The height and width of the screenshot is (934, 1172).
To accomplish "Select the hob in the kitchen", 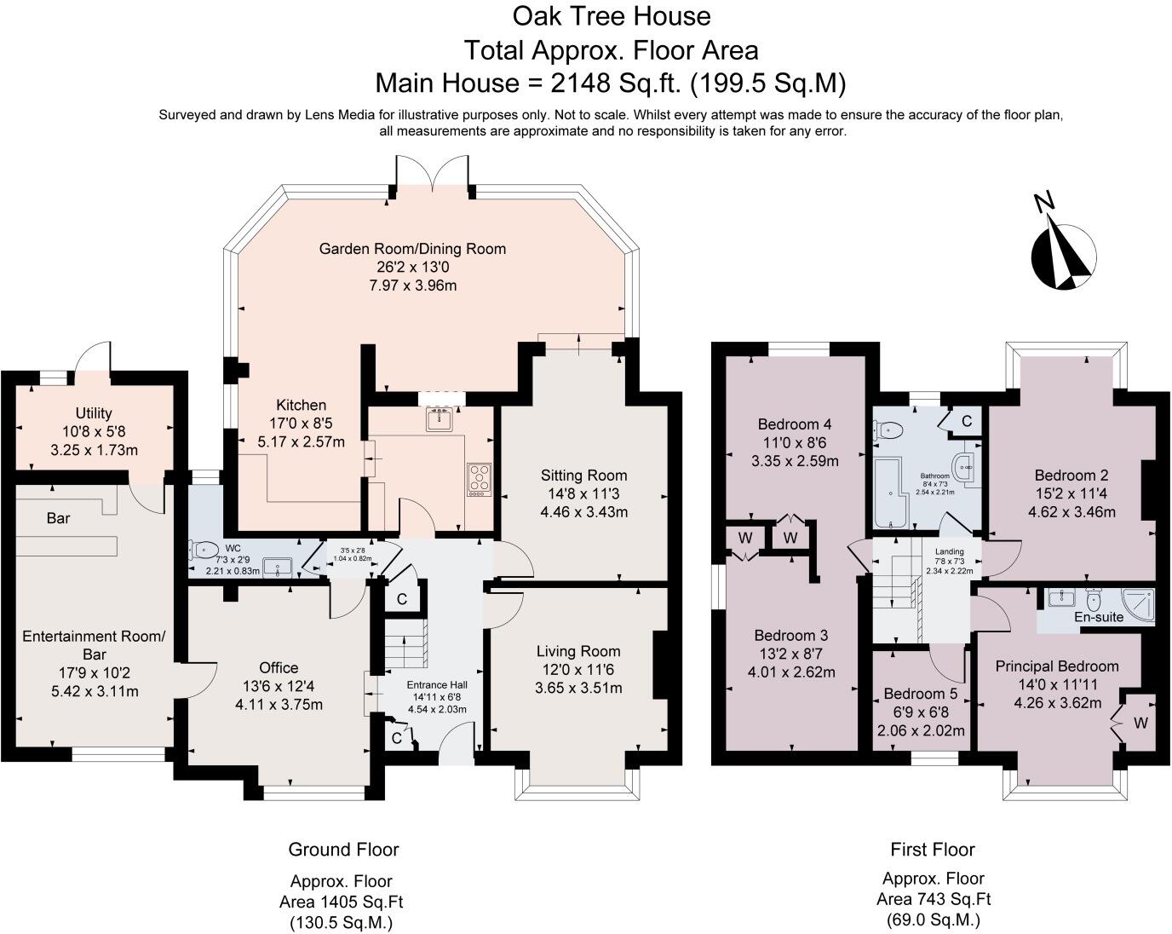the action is coord(480,480).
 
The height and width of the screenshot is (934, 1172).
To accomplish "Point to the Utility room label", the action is coord(94,413).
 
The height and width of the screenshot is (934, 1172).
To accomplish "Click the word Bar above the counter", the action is coord(58,517).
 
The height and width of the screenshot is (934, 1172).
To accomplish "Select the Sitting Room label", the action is coord(583,476).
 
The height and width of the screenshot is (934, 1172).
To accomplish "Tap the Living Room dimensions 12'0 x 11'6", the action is coord(578,669).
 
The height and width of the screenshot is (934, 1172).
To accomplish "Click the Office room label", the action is coord(279,667).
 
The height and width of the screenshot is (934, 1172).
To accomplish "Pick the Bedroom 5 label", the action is coord(921,694).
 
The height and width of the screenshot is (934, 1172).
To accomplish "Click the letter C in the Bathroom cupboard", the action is coord(967,421).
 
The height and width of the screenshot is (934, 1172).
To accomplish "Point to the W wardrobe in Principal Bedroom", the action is coord(1141,724).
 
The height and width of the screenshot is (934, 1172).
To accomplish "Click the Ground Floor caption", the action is coord(343,849).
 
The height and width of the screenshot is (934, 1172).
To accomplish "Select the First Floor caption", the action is coord(933,849).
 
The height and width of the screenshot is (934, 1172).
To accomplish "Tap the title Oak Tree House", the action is coord(612,16).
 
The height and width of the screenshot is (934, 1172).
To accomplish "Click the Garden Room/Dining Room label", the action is coord(412,249).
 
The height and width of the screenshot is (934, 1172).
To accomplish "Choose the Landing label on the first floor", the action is coord(949,551).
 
